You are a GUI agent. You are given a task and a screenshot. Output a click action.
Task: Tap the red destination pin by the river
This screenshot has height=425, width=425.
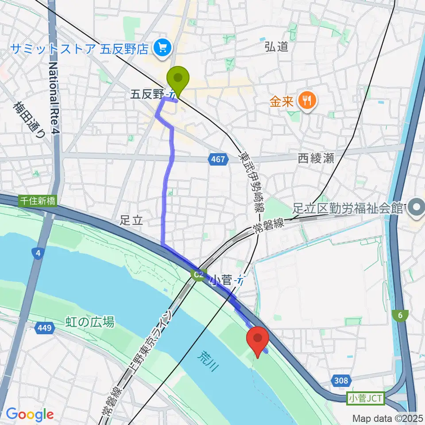258,339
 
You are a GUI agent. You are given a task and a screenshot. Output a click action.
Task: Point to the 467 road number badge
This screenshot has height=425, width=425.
218,159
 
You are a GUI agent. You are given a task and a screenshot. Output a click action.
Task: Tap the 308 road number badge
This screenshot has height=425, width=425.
341,380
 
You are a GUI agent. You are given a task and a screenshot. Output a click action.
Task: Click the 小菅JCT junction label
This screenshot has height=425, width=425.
365,399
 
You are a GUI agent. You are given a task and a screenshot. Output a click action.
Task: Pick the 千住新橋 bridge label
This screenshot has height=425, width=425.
38,201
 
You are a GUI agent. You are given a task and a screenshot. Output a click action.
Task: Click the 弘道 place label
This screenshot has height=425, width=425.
277,46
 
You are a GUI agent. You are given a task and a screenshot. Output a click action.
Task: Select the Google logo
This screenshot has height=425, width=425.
29,415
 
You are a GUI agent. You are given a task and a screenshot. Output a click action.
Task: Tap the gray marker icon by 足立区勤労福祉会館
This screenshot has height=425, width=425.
416,206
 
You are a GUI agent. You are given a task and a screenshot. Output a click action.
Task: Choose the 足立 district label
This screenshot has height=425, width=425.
131,220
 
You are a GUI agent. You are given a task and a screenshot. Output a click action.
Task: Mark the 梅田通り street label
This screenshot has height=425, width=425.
30,120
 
